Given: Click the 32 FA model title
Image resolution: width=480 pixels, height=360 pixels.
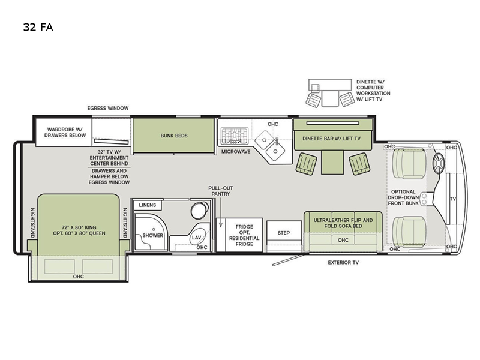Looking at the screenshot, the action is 38,27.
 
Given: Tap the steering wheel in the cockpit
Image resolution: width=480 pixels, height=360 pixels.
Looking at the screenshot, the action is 439,163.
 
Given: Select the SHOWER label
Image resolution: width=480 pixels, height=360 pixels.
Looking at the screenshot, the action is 152,235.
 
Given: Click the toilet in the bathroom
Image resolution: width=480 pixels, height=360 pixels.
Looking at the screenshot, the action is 199,210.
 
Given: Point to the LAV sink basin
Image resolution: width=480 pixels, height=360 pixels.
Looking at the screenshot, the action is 197,237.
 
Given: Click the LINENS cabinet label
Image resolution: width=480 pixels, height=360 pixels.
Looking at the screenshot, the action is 147,205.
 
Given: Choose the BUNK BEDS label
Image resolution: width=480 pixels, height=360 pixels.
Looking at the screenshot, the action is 174,136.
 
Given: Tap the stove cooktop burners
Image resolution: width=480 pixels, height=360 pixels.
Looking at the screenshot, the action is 235,136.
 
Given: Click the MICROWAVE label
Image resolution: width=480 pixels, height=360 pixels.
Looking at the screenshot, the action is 236,152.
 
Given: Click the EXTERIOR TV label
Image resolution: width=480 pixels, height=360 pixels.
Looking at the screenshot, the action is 343,262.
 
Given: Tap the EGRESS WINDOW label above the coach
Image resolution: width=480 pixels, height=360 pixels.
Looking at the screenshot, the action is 108,108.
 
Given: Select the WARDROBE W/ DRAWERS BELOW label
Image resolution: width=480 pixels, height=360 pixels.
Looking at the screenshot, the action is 65,133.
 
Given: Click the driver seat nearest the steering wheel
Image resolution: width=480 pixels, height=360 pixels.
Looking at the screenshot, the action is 409,163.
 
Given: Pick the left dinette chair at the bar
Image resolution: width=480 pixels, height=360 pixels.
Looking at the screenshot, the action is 306,164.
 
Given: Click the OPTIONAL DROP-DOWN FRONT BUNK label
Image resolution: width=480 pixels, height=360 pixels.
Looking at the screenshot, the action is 403,197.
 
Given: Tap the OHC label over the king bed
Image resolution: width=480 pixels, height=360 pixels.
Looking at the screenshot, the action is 79,277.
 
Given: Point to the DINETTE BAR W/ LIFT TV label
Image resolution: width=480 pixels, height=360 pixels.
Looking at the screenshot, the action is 332,139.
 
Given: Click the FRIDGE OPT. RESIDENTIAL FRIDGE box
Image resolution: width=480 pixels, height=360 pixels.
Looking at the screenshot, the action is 244,235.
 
